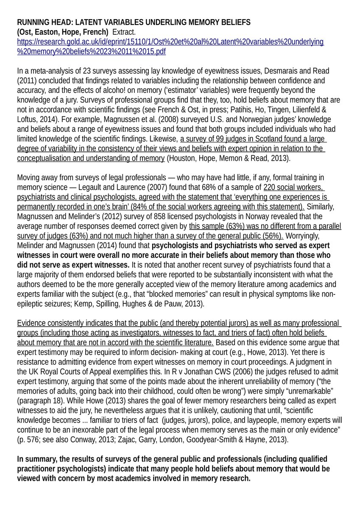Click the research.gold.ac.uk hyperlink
[170, 42]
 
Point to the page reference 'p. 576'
[28, 440]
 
